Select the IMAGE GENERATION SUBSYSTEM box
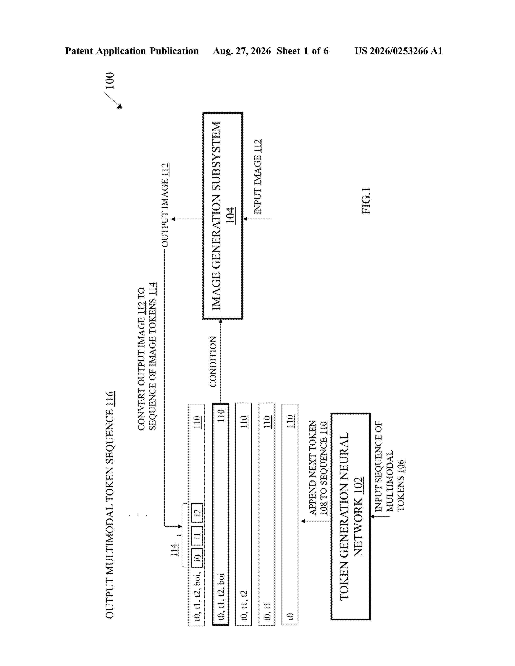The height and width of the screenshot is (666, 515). tap(222, 216)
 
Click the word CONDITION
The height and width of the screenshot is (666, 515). tap(213, 362)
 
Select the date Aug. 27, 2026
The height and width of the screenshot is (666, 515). tap(242, 51)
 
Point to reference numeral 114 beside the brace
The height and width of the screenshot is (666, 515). tap(174, 550)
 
